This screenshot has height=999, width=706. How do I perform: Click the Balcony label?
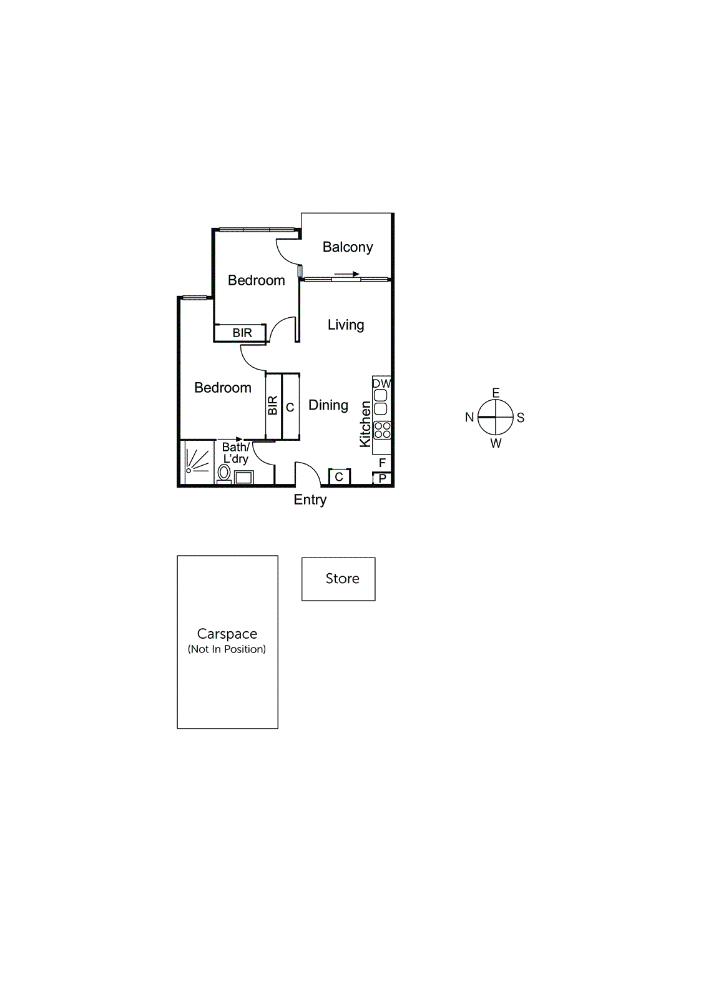348,247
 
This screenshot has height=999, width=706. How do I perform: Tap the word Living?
346,325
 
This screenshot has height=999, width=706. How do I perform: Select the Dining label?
328,405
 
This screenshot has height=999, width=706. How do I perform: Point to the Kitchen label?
365,424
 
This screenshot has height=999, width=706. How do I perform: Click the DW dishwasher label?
381,383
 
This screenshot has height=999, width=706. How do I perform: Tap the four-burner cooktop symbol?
383,430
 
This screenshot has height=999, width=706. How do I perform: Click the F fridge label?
383,463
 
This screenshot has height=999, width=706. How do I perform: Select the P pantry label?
383,479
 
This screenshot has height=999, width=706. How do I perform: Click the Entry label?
310,499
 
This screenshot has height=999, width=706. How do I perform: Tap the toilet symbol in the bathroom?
223,473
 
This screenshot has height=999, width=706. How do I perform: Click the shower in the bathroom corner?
197,462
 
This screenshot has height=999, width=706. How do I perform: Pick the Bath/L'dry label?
236,453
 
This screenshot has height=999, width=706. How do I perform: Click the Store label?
342,579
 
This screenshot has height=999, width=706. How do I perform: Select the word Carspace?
227,634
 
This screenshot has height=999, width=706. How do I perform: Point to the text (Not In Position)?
227,649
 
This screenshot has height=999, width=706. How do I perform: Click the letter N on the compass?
469,417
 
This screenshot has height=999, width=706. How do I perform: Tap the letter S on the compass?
521,418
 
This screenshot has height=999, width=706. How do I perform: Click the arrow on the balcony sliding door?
347,274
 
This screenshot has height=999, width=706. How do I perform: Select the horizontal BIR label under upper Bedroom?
242,333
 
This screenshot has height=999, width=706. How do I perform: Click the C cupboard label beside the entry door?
339,477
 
